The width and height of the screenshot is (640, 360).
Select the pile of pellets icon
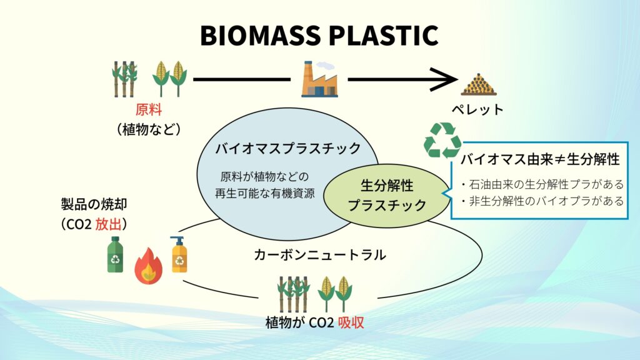[478, 84]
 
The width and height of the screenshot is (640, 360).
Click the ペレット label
[477, 109]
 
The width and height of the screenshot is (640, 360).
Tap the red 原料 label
[149, 111]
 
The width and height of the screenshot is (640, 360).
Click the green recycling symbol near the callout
[442, 139]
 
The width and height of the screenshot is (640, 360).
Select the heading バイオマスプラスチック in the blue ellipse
[288, 149]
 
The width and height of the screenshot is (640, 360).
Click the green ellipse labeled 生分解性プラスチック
[387, 196]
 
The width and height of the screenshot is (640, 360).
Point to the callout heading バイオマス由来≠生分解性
[540, 159]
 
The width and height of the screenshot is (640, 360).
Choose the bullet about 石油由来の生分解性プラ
[541, 185]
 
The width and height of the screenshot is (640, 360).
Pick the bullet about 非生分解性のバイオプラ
[541, 201]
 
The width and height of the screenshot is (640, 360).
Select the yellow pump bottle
[179, 255]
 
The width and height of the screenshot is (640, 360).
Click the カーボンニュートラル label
[319, 254]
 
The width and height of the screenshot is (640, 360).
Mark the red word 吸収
[351, 323]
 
